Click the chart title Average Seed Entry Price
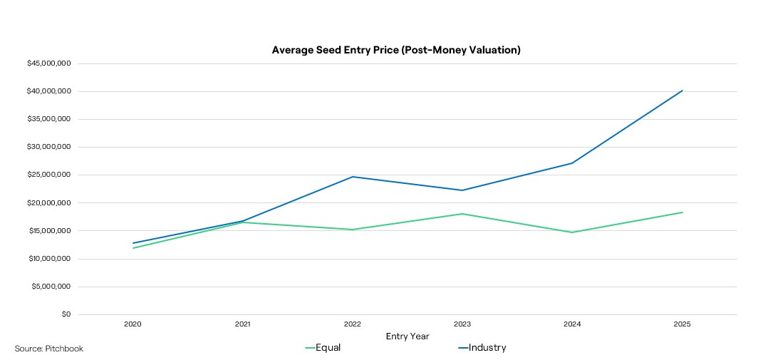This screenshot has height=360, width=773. point(396,50)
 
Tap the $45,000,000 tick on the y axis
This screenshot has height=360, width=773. point(49,63)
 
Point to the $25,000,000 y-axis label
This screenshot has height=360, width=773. point(49,175)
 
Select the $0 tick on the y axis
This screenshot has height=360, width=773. point(66,314)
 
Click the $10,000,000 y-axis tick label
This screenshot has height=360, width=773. point(49,259)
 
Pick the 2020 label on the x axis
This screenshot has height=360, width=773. point(133,324)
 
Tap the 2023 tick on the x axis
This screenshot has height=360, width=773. point(462,324)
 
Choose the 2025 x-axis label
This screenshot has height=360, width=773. point(683,324)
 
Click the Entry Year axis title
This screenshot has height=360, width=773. point(408,336)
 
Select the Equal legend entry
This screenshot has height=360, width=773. point(323,348)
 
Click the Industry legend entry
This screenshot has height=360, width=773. point(482,348)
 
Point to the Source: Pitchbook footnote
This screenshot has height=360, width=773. point(49,349)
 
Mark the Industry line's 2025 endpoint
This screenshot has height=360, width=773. point(683,91)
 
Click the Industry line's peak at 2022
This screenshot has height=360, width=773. point(353,177)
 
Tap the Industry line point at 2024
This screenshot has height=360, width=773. point(572,163)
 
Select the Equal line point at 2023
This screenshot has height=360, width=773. point(462,214)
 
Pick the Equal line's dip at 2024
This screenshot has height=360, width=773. point(572,232)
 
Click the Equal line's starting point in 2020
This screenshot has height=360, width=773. point(133,248)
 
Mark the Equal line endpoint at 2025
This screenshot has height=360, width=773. point(683,212)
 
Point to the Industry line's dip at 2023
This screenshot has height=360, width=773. point(462,190)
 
